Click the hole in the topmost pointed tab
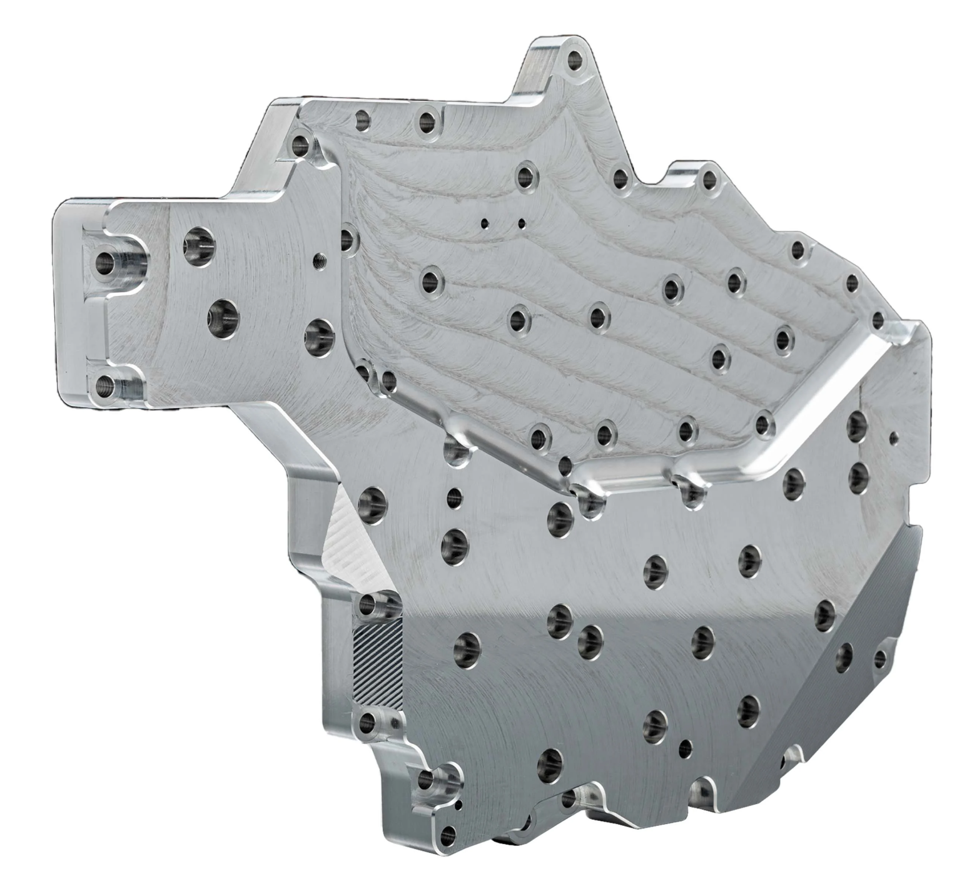click(574, 61)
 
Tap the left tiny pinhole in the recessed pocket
click(484, 222)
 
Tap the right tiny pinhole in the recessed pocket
click(521, 222)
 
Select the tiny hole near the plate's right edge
click(893, 435)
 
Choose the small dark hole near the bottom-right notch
click(687, 746)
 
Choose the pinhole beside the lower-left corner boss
click(458, 805)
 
